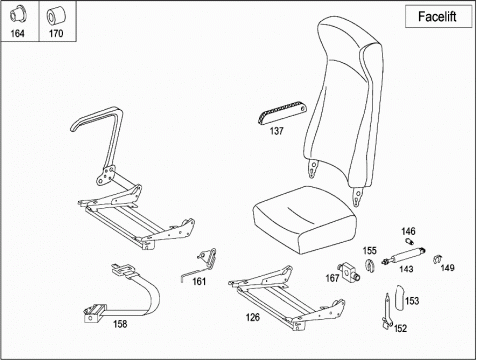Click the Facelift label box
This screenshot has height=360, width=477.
pyautogui.click(x=439, y=16)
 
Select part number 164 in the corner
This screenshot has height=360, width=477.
pyautogui.click(x=17, y=33)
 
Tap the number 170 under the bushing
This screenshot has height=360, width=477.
pyautogui.click(x=56, y=33)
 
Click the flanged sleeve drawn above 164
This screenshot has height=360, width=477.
pyautogui.click(x=18, y=15)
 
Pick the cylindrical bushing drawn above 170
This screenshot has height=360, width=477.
pyautogui.click(x=56, y=16)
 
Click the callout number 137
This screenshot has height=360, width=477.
pyautogui.click(x=276, y=131)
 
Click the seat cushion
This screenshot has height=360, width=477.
pyautogui.click(x=305, y=219)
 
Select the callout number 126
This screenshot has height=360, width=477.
pyautogui.click(x=252, y=317)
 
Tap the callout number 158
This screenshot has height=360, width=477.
pyautogui.click(x=120, y=324)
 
